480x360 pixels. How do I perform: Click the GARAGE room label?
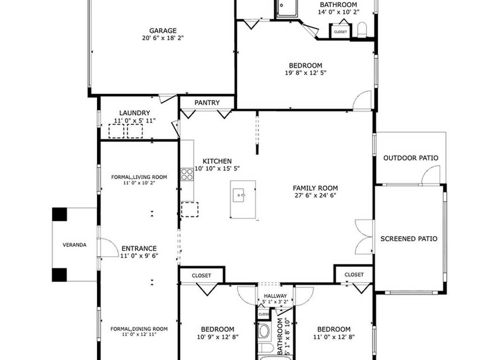pos(163,30)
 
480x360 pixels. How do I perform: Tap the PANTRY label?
pos(207,103)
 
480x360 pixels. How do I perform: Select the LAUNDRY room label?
pos(135,113)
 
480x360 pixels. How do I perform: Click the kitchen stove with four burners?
pos(187,174)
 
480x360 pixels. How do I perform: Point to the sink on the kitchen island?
pos(239,195)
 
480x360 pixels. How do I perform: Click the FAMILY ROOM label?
pos(315,188)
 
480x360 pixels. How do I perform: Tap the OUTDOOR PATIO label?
pos(411,158)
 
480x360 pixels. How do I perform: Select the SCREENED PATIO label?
pos(409,239)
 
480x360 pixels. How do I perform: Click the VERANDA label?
pos(75,245)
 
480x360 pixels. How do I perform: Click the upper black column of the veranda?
pos(60,214)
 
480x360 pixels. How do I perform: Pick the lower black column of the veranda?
pos(60,275)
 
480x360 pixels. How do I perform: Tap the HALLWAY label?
pos(275,296)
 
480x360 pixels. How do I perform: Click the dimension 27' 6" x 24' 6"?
pos(315,195)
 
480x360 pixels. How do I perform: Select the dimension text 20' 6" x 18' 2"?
pos(163,38)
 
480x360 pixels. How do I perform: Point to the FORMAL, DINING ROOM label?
pos(139,329)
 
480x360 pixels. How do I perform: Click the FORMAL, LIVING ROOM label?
pos(139,177)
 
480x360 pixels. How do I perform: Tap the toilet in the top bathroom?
pos(362,30)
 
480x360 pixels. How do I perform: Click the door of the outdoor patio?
pos(431,174)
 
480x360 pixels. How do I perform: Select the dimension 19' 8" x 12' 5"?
pos(306,73)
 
